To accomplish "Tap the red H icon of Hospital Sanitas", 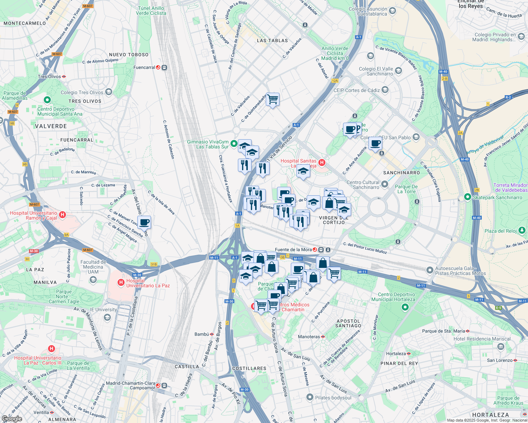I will pos(322,163).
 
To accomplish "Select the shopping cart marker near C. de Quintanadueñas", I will pos(272,100).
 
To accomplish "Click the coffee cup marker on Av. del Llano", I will pos(144,222).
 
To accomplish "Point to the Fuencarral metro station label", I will pos(144,67).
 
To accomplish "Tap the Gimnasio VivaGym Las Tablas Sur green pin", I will pos(234,143).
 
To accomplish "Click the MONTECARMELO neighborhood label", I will pos(25,23).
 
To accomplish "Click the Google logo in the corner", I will pos(12,419).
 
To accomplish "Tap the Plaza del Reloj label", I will pos(500,231).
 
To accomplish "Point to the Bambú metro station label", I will pos(202,334).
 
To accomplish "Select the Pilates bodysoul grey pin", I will pos(310,397).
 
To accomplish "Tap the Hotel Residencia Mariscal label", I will pos(482,339).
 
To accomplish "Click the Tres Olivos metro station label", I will pos(49,76).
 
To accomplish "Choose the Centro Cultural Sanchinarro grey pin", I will pos(385,184).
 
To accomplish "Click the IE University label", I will pos(103,309).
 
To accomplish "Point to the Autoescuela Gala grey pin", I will pos(430,270).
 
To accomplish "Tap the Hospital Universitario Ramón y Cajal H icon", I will pos(62,215).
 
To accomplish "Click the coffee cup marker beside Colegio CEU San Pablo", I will pos(375,143).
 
